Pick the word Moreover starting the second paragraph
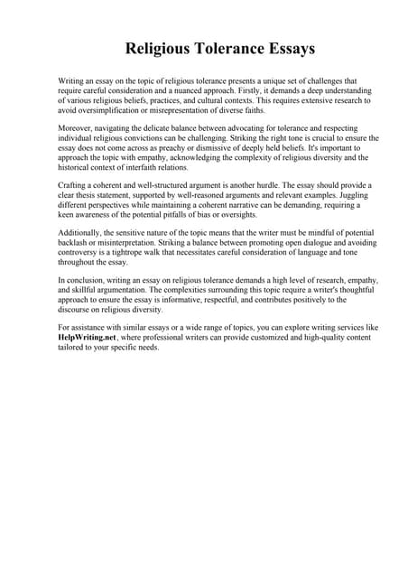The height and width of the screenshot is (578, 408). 77,127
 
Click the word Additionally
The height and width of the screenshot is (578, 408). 81,233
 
